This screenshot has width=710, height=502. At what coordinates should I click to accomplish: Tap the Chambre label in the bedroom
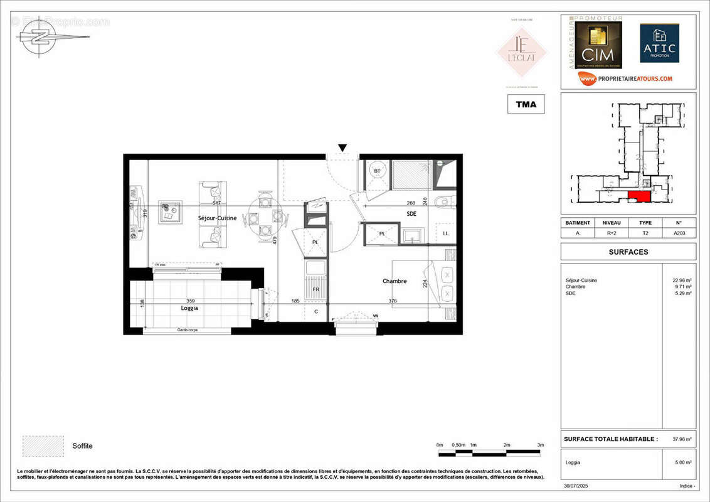pyautogui.click(x=395, y=281)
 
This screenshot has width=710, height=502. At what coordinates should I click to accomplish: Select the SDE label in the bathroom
pyautogui.click(x=411, y=213)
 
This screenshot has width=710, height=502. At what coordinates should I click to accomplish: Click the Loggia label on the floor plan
pyautogui.click(x=189, y=308)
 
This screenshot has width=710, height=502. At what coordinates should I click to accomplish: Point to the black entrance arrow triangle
pyautogui.click(x=342, y=148)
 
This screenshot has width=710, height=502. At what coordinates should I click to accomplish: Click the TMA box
pyautogui.click(x=526, y=104)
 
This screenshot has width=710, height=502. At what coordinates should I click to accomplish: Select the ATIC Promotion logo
pyautogui.click(x=659, y=43)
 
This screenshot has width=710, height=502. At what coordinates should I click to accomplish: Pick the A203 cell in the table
pyautogui.click(x=679, y=232)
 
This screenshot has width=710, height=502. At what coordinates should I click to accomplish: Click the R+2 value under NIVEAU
pyautogui.click(x=611, y=232)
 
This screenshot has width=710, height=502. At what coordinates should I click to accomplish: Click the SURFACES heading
pyautogui.click(x=628, y=252)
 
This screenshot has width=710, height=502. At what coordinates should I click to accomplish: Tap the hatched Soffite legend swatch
pyautogui.click(x=43, y=446)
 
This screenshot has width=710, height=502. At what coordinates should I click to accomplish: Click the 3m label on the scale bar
pyautogui.click(x=540, y=445)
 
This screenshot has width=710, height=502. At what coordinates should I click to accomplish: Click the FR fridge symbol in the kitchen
pyautogui.click(x=315, y=289)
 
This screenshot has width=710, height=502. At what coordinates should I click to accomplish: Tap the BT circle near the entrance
pyautogui.click(x=377, y=171)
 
